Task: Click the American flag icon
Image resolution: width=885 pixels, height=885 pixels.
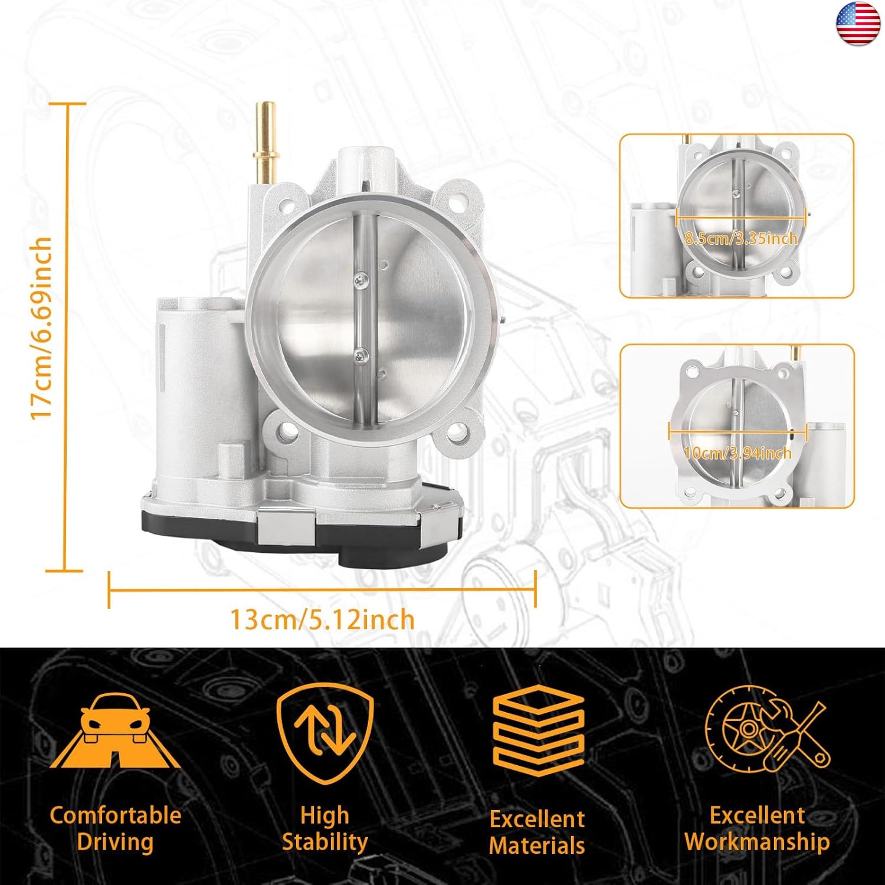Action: pyautogui.click(x=859, y=24)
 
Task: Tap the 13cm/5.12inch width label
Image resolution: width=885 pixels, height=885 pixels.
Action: pyautogui.click(x=322, y=620)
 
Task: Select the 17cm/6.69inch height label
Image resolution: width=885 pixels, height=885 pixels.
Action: pyautogui.click(x=42, y=328)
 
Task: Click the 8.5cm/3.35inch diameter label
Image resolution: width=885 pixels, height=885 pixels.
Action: pyautogui.click(x=741, y=238)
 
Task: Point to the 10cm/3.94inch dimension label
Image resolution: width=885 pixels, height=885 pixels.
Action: pyautogui.click(x=737, y=453)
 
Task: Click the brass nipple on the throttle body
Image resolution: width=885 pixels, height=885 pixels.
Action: pyautogui.click(x=265, y=142)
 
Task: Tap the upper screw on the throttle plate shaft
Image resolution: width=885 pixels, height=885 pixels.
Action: pyautogui.click(x=360, y=280)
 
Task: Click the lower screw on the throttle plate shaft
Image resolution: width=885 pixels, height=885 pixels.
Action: pyautogui.click(x=360, y=356)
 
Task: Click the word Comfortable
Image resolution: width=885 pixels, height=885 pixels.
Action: pyautogui.click(x=116, y=815)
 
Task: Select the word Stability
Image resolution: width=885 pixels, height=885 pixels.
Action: pyautogui.click(x=325, y=842)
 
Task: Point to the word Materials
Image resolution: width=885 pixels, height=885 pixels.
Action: pyautogui.click(x=537, y=845)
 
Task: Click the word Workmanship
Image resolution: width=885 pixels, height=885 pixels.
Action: pyautogui.click(x=757, y=842)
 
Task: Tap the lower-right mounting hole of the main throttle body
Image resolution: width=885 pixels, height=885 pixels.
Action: pyautogui.click(x=457, y=434)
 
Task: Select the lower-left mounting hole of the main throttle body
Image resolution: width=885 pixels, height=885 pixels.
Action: pyautogui.click(x=287, y=431)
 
